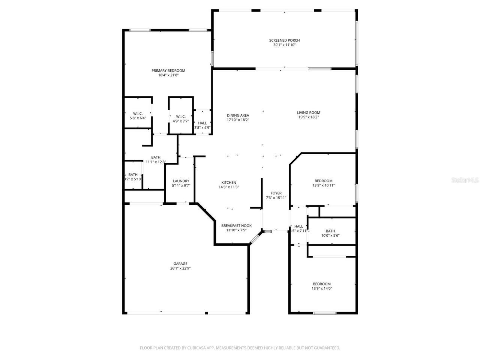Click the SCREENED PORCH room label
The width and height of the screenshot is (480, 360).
click(284, 40)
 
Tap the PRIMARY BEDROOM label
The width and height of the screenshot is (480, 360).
click(168, 70)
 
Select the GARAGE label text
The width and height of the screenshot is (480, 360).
click(180, 264)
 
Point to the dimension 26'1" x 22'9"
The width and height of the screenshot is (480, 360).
click(180, 268)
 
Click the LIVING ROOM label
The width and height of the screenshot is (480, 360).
click(309, 112)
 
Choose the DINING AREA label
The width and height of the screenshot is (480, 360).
click(238, 115)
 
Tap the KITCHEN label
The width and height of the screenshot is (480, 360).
click(229, 183)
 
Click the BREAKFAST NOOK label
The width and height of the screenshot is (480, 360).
click(236, 226)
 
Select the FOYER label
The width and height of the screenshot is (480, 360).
click(276, 193)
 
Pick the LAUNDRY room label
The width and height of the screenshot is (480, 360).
click(181, 181)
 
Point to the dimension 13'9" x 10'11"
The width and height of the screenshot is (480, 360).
click(323, 185)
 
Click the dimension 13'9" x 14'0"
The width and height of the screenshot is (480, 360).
click(322, 288)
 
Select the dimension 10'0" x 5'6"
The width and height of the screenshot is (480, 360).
click(330, 235)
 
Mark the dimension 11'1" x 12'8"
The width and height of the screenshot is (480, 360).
click(156, 162)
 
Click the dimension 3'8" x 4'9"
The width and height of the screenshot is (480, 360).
click(202, 127)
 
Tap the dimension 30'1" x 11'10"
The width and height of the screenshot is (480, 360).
click(284, 45)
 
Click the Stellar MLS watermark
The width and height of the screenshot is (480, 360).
click(465, 180)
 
